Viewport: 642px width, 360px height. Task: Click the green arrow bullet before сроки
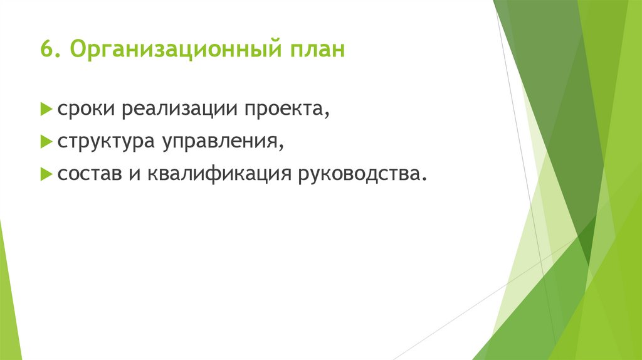tap(46, 110)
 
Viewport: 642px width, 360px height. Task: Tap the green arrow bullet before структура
tap(46, 142)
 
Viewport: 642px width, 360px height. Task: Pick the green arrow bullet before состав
tap(46, 173)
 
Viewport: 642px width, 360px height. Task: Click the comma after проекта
tap(327, 116)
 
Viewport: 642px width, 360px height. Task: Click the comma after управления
tap(282, 148)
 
